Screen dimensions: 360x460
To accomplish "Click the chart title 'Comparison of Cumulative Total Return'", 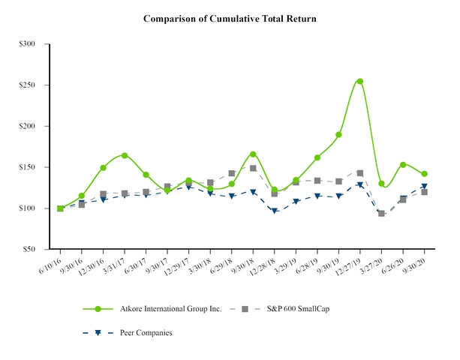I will tap(230, 17).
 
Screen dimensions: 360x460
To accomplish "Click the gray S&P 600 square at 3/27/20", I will tap(382, 214).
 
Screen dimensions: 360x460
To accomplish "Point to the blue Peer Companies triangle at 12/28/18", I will tap(275, 211).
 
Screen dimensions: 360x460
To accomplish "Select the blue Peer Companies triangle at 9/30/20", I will tap(425, 186).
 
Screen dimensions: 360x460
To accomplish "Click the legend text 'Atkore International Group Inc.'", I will tap(173, 309).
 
